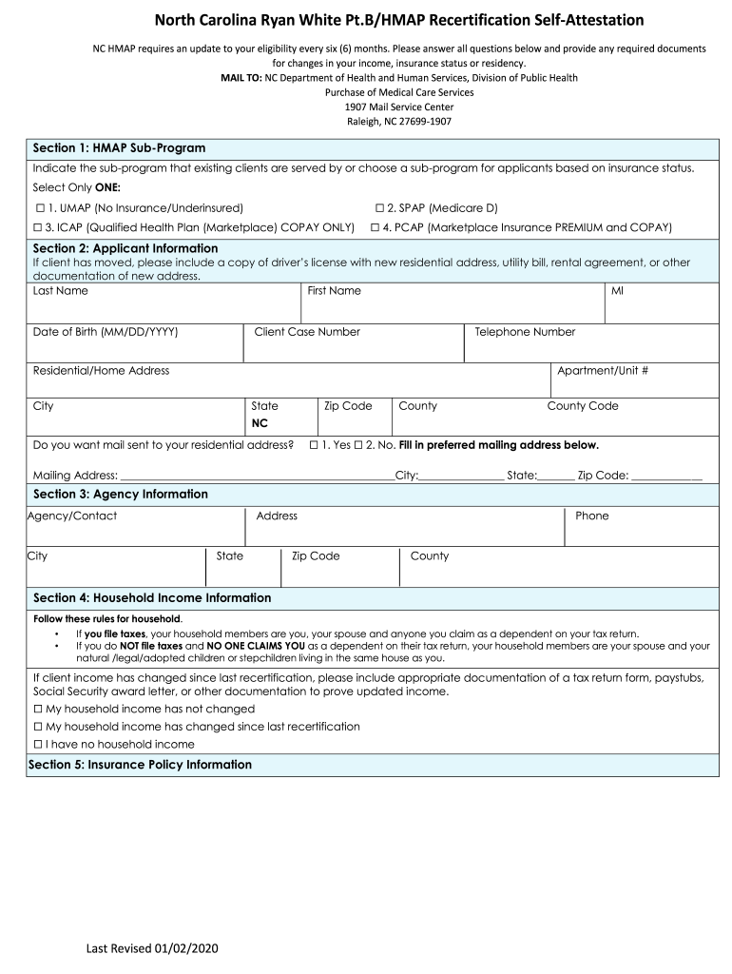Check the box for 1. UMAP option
click(x=39, y=207)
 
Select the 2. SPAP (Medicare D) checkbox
click(x=378, y=207)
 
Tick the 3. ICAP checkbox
click(x=39, y=227)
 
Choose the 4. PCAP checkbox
click(x=375, y=227)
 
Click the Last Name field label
click(x=60, y=291)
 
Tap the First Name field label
click(x=334, y=291)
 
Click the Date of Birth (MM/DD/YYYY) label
click(x=106, y=332)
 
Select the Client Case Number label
click(x=307, y=332)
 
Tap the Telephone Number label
click(x=525, y=332)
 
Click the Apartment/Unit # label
click(x=603, y=371)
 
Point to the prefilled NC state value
click(x=260, y=423)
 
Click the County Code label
click(x=582, y=406)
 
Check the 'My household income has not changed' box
click(x=39, y=710)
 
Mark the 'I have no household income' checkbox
click(x=39, y=745)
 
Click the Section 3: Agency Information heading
click(x=120, y=495)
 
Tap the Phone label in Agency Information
click(x=591, y=516)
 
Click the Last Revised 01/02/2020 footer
click(x=152, y=948)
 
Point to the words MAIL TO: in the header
click(x=241, y=78)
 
